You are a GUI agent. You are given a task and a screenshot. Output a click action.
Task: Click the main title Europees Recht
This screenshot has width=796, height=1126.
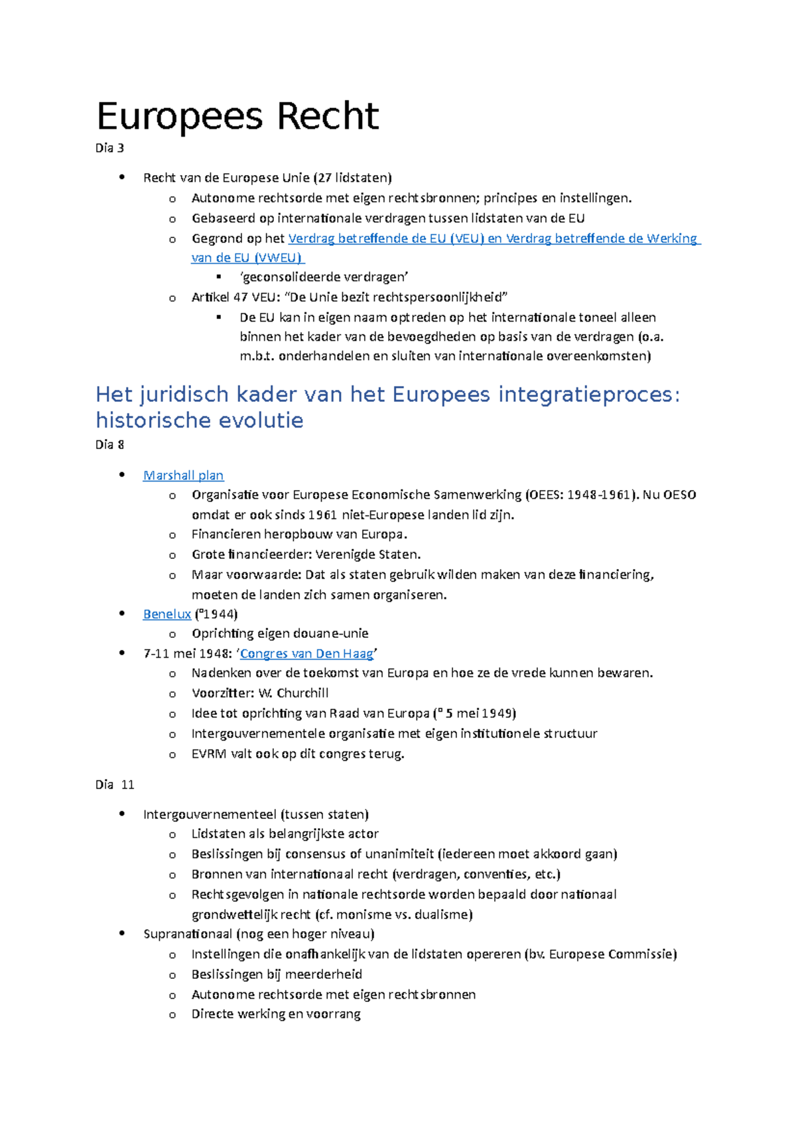coord(237,117)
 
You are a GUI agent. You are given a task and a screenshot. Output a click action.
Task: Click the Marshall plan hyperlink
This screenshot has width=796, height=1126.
coord(183,475)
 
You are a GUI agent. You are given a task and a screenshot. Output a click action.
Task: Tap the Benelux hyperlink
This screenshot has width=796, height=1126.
coord(166,614)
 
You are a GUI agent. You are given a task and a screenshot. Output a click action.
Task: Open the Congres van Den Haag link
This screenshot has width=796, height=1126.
coord(306,654)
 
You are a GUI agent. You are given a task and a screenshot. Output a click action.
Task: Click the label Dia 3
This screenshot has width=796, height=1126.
coord(109,148)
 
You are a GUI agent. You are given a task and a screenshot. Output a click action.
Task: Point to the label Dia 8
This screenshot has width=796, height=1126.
coord(109,445)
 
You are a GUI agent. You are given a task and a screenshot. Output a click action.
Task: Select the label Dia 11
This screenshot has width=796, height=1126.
coord(114,784)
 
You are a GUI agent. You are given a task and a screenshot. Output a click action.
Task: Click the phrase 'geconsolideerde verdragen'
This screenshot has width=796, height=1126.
coord(324,277)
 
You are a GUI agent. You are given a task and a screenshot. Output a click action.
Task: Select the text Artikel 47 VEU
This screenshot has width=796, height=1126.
coord(232,297)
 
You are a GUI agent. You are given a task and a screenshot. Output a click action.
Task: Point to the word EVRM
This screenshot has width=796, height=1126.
coord(208,754)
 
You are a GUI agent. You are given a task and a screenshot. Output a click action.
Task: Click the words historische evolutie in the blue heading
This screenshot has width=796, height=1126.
coord(199,420)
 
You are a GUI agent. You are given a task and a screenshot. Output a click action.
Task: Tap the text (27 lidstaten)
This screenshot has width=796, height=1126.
coord(352,178)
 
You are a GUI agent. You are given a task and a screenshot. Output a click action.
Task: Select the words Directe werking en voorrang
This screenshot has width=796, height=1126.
coord(276,1014)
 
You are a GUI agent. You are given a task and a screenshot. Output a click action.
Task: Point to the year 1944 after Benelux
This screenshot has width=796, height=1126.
coord(218,614)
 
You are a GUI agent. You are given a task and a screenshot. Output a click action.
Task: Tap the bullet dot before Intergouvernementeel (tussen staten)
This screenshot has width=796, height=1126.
coord(121,814)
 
